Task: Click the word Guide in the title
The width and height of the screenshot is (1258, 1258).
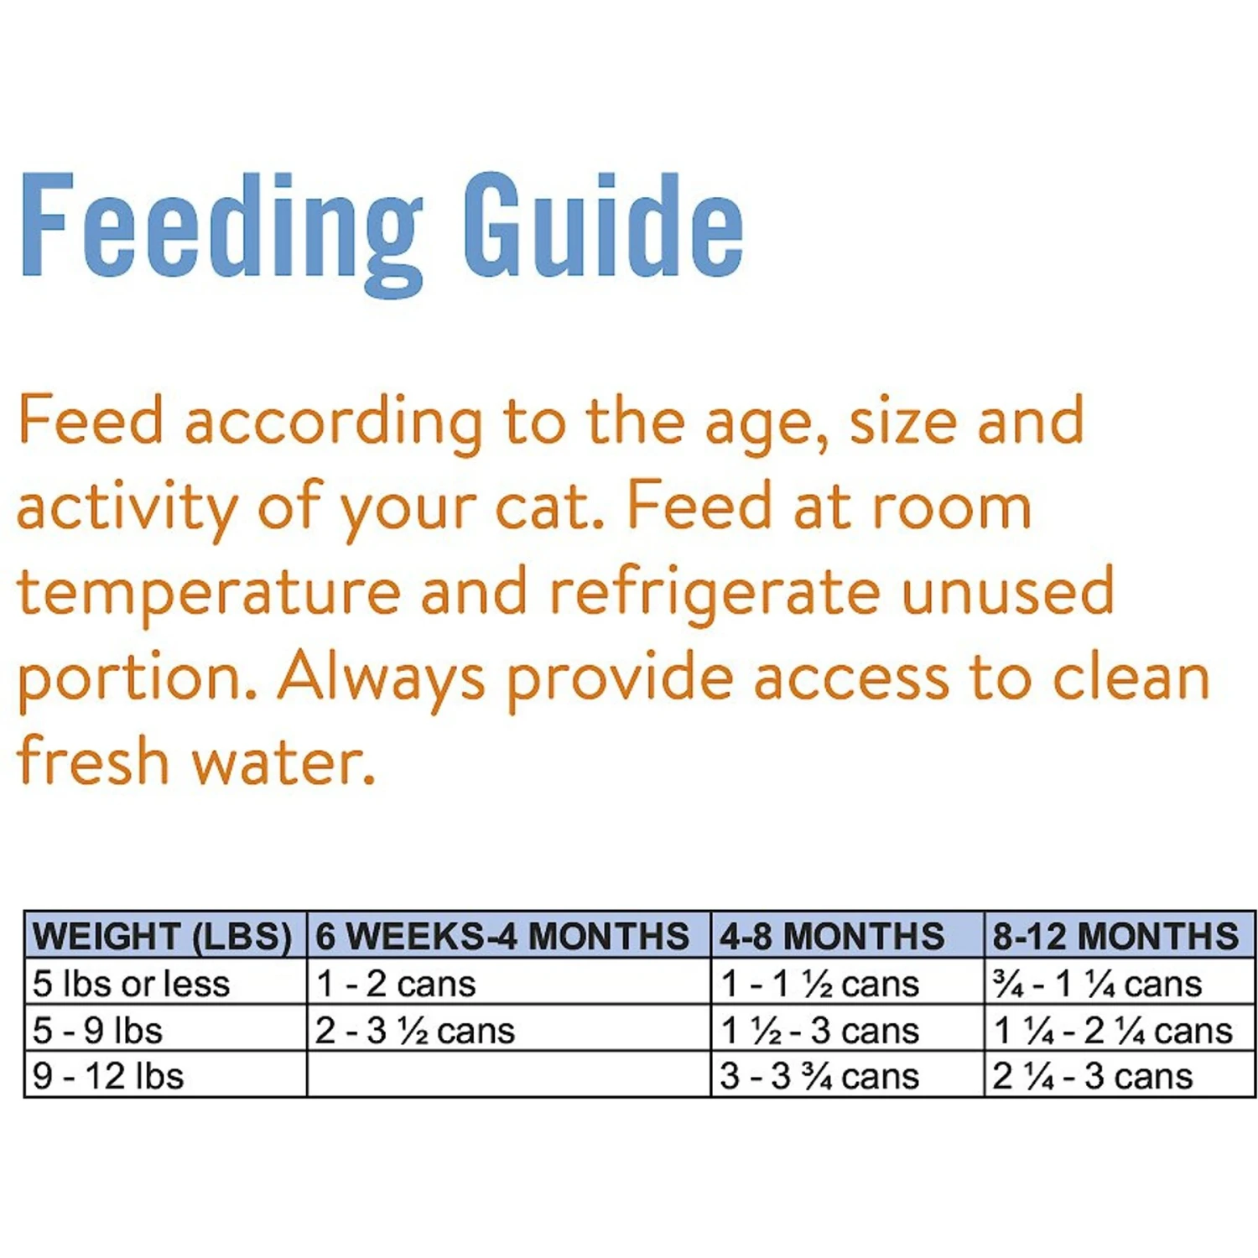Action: [602, 225]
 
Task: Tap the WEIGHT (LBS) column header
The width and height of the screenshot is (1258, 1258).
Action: [163, 936]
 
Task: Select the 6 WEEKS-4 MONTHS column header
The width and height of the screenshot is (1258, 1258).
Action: [502, 936]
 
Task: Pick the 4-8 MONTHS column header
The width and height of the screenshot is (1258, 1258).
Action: [831, 936]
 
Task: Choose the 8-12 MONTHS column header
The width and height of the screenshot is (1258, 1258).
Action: [1115, 936]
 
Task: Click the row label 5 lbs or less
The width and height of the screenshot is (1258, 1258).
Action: [131, 984]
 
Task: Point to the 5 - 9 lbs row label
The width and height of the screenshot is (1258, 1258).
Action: [97, 1031]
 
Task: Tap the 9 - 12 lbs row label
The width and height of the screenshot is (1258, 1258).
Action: [108, 1076]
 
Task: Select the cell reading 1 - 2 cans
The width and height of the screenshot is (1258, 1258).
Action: [396, 984]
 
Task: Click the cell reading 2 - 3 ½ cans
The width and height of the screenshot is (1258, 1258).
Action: [415, 1031]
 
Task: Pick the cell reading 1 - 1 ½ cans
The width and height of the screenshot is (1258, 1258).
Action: [819, 984]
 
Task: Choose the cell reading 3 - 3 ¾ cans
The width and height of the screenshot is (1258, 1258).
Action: [819, 1076]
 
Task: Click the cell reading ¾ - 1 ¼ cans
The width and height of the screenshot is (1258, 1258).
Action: [1097, 984]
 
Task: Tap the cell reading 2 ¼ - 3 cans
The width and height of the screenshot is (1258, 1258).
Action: [1092, 1076]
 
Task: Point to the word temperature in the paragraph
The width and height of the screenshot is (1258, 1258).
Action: [209, 592]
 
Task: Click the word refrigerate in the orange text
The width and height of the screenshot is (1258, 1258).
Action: [715, 590]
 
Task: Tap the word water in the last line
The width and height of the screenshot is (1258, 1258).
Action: [283, 762]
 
